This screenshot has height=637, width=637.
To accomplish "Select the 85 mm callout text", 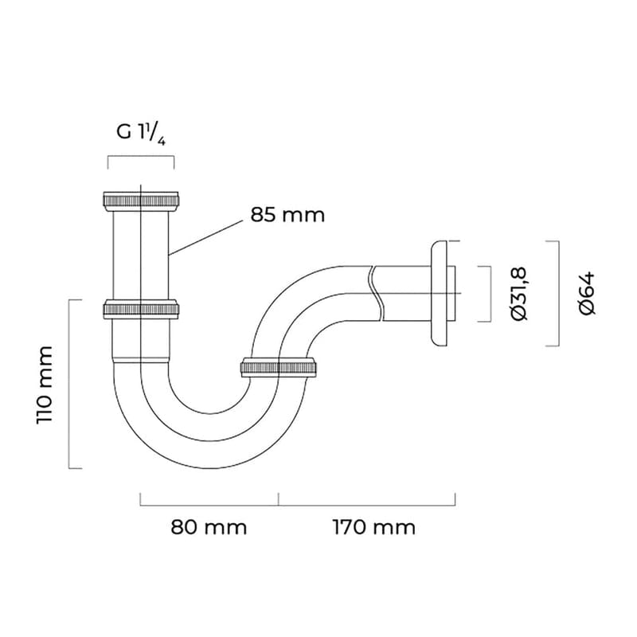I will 287,214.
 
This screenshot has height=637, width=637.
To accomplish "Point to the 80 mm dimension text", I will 209,526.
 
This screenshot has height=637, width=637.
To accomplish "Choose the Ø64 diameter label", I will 588,293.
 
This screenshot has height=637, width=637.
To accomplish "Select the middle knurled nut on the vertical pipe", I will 141,308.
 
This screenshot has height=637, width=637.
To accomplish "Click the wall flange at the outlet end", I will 439,293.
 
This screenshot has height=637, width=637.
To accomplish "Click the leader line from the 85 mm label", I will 207,236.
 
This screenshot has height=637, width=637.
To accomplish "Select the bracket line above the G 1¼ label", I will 141,157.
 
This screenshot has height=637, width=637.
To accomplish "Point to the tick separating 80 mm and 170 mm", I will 279,498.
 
